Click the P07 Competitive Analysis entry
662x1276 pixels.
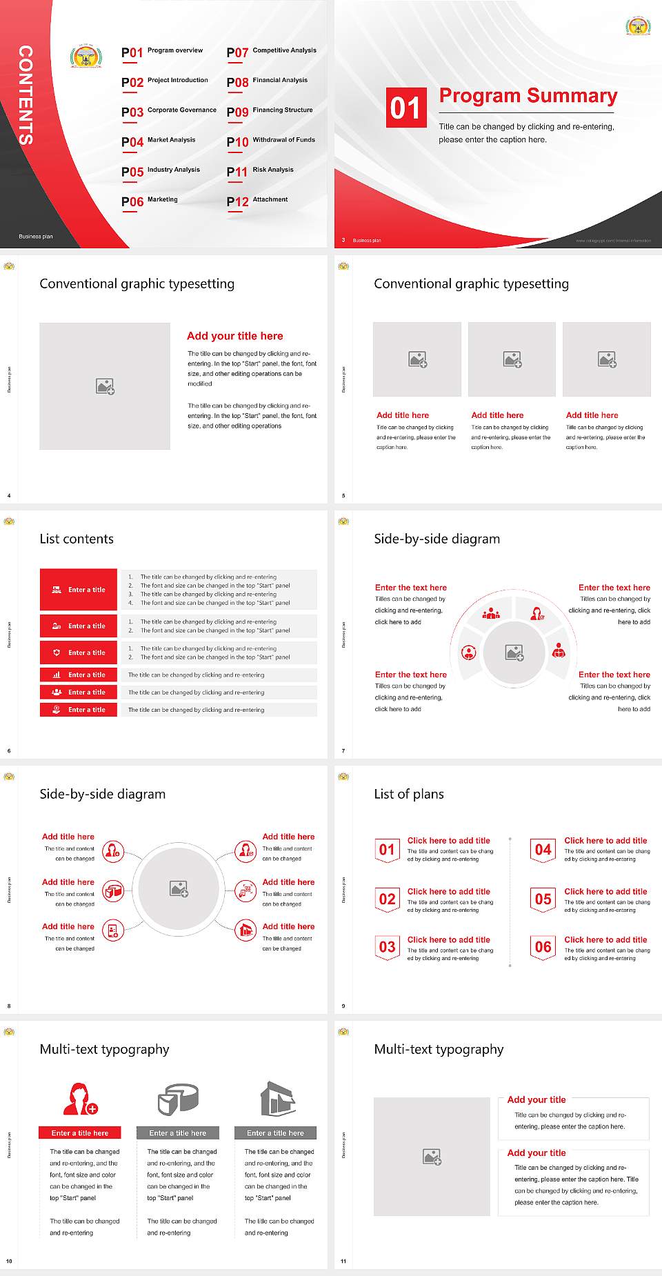pos(271,52)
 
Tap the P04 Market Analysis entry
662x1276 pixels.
pos(159,141)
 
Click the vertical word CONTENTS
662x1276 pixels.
pos(26,94)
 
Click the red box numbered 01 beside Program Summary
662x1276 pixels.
pos(405,108)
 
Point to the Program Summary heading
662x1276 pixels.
pos(528,96)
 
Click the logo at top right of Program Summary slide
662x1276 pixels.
pos(638,26)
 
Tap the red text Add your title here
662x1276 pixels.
pos(234,336)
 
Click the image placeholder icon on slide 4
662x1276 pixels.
pos(105,386)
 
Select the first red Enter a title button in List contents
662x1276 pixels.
pos(79,590)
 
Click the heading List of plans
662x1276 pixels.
pos(408,794)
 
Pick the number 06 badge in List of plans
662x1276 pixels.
pos(543,947)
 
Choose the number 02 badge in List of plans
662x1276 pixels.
pos(387,899)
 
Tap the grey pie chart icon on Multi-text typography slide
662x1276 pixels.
pos(178,1099)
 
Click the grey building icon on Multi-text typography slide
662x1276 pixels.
pos(277,1099)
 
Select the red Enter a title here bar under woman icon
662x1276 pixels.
pos(80,1133)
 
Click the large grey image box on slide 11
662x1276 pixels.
pos(432,1156)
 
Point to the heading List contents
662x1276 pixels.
pos(76,539)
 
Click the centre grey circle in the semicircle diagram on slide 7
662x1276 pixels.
pos(514,652)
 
